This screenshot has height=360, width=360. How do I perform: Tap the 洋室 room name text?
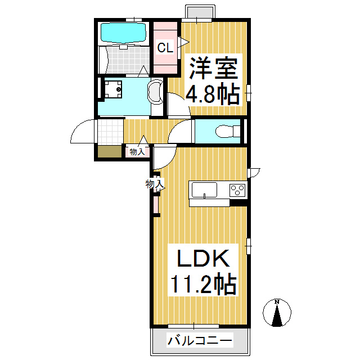pyautogui.click(x=213, y=68)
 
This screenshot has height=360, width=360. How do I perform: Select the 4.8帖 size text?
pyautogui.click(x=213, y=93)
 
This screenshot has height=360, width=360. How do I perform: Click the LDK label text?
pyautogui.click(x=204, y=258)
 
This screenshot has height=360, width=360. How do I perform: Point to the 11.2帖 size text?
pyautogui.click(x=203, y=283)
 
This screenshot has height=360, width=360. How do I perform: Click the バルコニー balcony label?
pyautogui.click(x=200, y=340)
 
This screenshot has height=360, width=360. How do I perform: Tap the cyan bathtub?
pyautogui.click(x=123, y=33)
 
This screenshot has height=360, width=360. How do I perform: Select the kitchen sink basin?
pyautogui.click(x=204, y=190)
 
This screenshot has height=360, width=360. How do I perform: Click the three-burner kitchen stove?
pyautogui.click(x=237, y=190)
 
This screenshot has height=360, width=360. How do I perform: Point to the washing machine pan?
pyautogui.click(x=113, y=89)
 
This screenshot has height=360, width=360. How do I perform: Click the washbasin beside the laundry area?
pyautogui.click(x=156, y=92)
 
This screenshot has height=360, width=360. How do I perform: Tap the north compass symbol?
pyautogui.click(x=277, y=312)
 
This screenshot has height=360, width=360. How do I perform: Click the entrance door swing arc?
pyautogui.click(x=79, y=127)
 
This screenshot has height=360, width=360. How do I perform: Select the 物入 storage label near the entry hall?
pyautogui.click(x=137, y=152)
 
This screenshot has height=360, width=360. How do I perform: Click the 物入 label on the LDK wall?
pyautogui.click(x=155, y=184)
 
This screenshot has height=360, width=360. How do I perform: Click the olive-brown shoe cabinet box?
pyautogui.click(x=110, y=151)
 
